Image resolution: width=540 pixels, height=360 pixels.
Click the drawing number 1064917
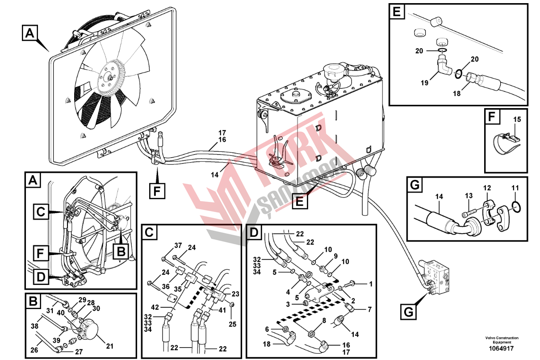click(501, 348)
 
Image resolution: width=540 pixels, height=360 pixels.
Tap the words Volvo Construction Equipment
click(502, 340)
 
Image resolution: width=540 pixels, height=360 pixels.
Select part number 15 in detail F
click(517, 119)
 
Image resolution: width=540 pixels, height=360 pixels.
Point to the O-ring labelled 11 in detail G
click(516, 207)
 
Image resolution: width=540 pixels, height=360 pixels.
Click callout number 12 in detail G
click(487, 188)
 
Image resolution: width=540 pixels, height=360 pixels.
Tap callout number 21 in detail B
click(110, 346)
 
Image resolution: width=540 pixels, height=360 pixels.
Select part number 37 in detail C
click(178, 246)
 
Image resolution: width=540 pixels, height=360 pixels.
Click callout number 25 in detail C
click(232, 324)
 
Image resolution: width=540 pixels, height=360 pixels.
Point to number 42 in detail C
click(155, 307)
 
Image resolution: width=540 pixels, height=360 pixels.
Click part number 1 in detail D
click(371, 284)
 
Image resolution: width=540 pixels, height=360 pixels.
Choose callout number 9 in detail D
click(335, 256)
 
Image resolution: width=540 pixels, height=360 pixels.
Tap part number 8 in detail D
click(324, 320)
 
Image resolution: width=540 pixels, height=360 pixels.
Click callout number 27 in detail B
click(79, 352)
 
